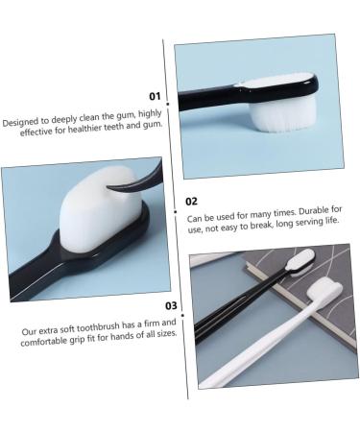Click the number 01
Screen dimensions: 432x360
[x=154, y=96]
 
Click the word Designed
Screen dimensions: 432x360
[x=20, y=122]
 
